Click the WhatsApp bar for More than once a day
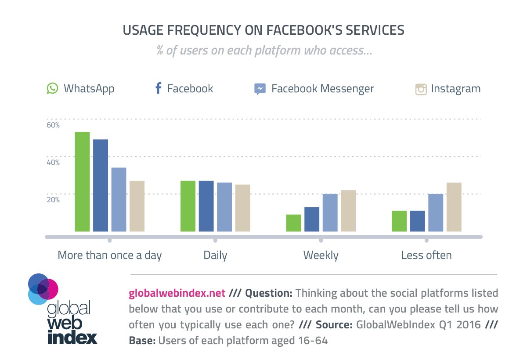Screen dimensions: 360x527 [82, 182]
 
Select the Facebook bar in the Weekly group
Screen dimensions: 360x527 [312, 219]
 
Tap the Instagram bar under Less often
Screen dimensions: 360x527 [454, 207]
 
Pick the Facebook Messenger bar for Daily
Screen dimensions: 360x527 [224, 207]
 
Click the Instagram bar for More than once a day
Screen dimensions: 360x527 [137, 206]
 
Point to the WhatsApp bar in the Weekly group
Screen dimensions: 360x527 [293, 223]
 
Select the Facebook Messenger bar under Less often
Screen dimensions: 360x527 [436, 212]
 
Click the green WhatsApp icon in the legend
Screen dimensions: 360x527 [53, 89]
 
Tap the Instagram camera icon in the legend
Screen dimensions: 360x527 [421, 89]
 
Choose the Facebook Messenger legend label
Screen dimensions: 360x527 [322, 89]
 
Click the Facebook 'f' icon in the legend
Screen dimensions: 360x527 [159, 89]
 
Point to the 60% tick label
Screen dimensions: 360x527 [53, 125]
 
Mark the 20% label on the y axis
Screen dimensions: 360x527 [53, 200]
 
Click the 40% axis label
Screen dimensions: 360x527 [53, 163]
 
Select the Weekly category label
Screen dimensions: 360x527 [321, 255]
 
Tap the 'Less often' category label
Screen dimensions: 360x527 [426, 255]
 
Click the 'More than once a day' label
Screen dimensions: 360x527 [110, 255]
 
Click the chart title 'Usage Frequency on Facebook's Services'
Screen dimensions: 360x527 [263, 30]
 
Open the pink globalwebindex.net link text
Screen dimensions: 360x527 [177, 293]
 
